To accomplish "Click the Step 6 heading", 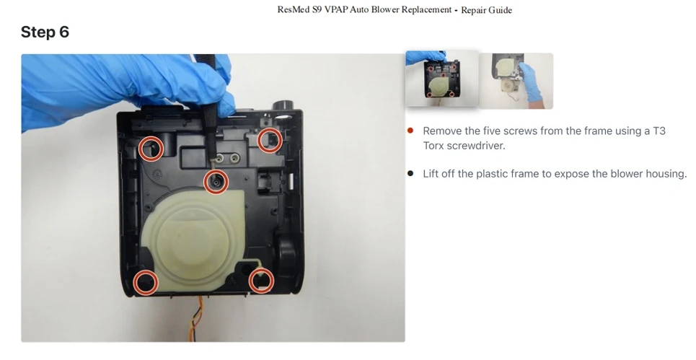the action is coord(45,32).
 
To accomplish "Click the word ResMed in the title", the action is coord(294,10).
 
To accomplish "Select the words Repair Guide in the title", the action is coord(487,10).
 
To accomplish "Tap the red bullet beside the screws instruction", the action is coord(410,131).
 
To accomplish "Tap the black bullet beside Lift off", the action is coord(410,173).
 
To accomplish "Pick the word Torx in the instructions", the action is coord(433,146).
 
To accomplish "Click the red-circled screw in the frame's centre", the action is coord(216,182).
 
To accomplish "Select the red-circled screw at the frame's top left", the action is coord(151,149).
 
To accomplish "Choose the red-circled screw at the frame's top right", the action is coord(270,140).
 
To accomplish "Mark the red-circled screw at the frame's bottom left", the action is coord(146,282).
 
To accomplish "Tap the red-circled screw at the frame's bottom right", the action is coord(261,281).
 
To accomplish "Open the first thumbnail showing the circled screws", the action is coord(441,79).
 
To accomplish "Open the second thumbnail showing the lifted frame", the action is coord(516,80).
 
